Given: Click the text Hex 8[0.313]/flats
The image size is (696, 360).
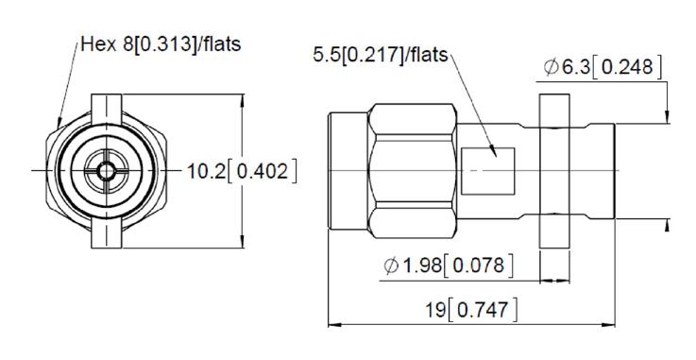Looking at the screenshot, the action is click(161, 44).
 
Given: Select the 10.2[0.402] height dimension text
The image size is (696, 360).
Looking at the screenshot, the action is click(242, 171).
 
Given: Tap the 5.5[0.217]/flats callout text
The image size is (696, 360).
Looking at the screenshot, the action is click(381, 55).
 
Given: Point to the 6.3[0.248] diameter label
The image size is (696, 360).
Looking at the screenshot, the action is click(603, 67).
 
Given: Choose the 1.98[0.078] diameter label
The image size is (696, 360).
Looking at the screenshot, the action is click(449, 266).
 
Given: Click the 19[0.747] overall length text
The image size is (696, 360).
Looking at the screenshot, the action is click(471, 309).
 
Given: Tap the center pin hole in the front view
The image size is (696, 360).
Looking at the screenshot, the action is click(106, 170).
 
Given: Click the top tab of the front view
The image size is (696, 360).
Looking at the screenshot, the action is click(106, 110).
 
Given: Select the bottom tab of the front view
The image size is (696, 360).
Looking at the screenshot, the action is click(106, 232).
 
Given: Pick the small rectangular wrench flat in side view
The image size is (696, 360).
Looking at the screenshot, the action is click(488, 171).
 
